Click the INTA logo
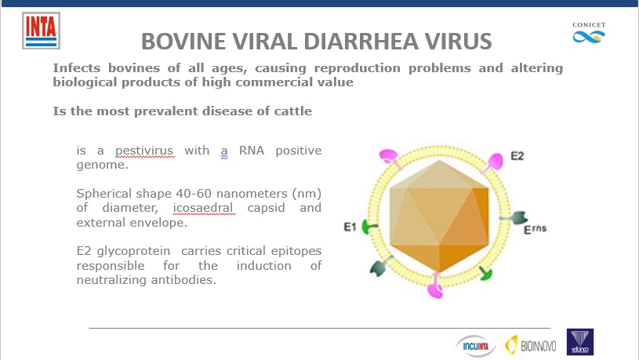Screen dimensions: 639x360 [41, 31]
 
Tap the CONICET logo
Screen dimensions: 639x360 [589, 33]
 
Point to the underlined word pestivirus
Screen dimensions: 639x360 [144, 151]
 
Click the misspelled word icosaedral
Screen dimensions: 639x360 [203, 208]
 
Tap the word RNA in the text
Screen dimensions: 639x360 [252, 151]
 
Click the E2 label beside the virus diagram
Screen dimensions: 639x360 [517, 156]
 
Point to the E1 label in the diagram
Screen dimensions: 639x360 [350, 227]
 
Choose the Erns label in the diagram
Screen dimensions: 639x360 [535, 229]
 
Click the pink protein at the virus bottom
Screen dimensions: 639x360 [435, 285]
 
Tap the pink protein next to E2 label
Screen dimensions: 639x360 [494, 162]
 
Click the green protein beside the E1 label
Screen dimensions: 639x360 [369, 227]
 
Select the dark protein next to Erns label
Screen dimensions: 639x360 [517, 218]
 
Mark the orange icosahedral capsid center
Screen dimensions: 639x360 [439, 216]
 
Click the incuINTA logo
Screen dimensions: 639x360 [476, 346]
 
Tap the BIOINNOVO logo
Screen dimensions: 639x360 [531, 345]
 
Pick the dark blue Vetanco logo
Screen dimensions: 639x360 [580, 342]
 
